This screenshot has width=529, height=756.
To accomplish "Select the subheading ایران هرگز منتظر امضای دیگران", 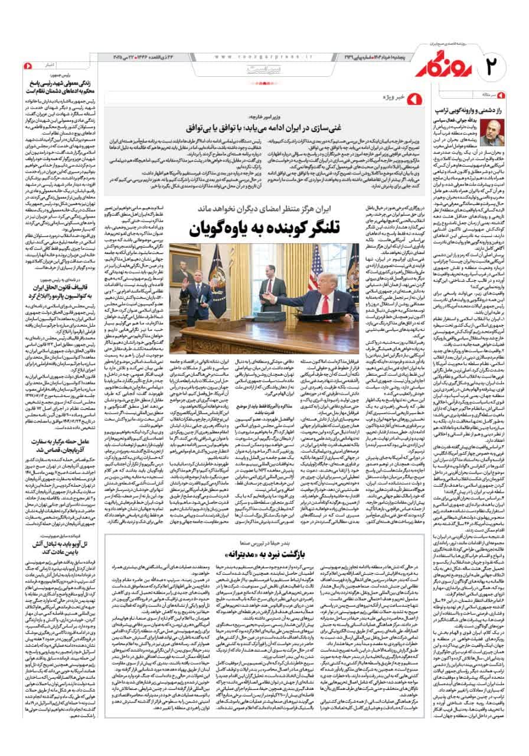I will [x=266, y=208].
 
